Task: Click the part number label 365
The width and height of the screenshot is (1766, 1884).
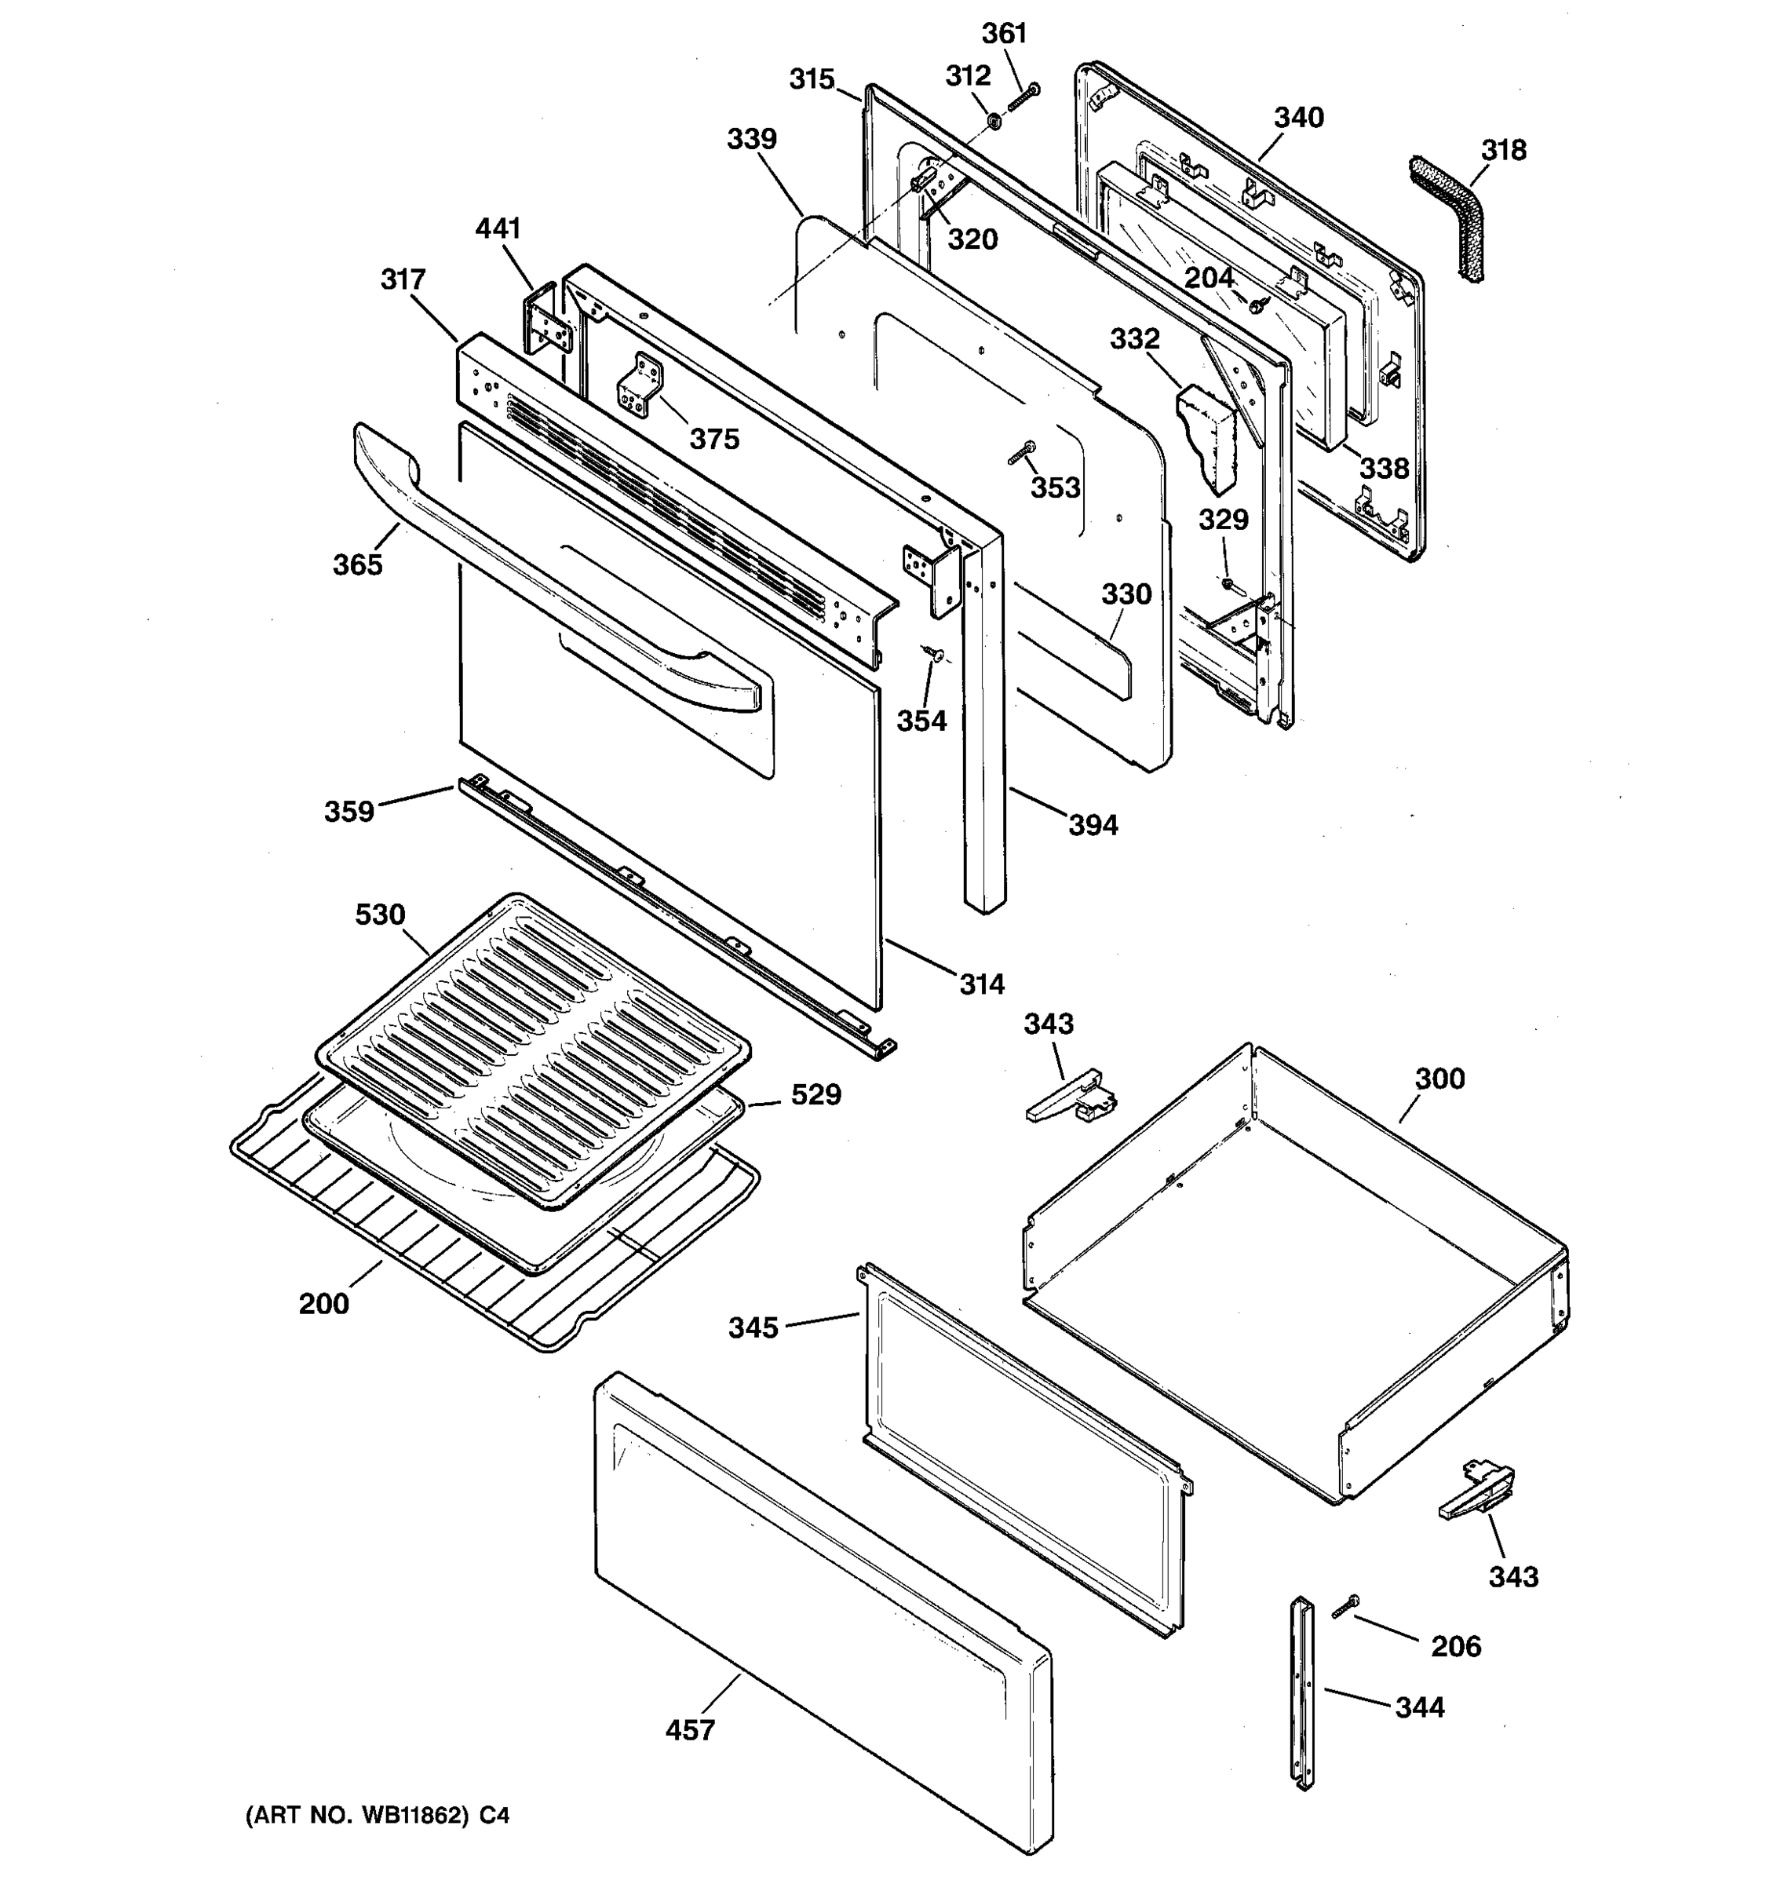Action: (x=357, y=565)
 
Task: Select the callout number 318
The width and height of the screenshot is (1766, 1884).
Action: (x=1504, y=150)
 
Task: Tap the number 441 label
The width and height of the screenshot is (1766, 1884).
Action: (x=498, y=228)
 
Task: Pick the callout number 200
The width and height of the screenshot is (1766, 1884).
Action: (x=324, y=1304)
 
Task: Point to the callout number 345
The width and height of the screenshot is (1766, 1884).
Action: (x=753, y=1327)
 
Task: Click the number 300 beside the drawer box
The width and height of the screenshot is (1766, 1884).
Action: (x=1439, y=1079)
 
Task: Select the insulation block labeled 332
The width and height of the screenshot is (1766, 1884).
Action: (x=1208, y=436)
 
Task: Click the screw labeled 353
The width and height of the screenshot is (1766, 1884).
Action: (x=1022, y=453)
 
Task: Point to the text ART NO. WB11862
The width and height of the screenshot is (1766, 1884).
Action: (x=358, y=1816)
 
